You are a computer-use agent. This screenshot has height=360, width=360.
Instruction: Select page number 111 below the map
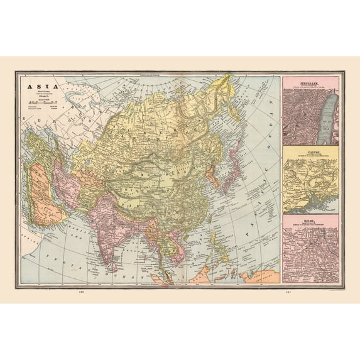click(x=288, y=293)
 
